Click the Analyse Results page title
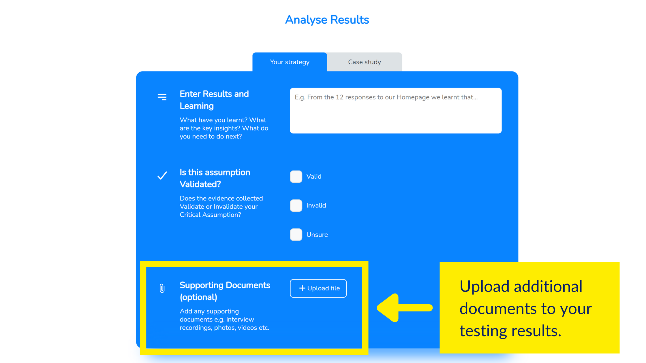coord(327,20)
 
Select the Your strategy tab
coord(290,62)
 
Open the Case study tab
coord(365,62)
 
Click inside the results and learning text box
coord(396,111)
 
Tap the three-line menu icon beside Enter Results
coord(162,97)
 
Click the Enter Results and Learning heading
coord(214,100)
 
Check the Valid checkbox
coord(296,177)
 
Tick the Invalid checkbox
coord(296,206)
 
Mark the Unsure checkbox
coord(296,235)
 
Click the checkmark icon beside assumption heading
coord(162,175)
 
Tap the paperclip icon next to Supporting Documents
coord(162,288)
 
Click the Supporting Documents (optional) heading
coord(225,291)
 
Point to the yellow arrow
coord(405,308)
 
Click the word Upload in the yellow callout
coord(484,286)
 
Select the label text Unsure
coord(317,235)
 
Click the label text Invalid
coord(316,206)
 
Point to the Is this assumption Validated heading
coord(215,178)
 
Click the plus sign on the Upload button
coord(302,288)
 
